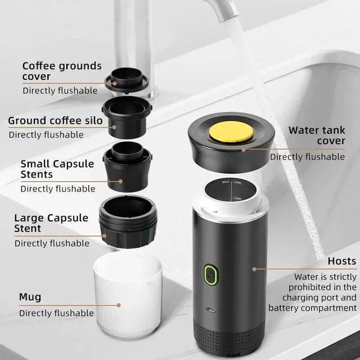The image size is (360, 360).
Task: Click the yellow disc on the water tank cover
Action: (x=230, y=132)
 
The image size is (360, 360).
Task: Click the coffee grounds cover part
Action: (x=128, y=82)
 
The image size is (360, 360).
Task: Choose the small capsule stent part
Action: (x=127, y=166)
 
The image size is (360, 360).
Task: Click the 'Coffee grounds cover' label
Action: (x=62, y=71)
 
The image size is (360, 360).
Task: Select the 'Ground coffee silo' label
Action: (x=55, y=120)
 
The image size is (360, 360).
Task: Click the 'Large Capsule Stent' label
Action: (x=51, y=223)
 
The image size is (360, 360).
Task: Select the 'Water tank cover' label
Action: (x=317, y=136)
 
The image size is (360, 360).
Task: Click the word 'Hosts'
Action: (x=342, y=261)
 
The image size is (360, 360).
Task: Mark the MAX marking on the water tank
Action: (x=226, y=183)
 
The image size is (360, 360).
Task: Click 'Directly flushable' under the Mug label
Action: (x=56, y=313)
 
